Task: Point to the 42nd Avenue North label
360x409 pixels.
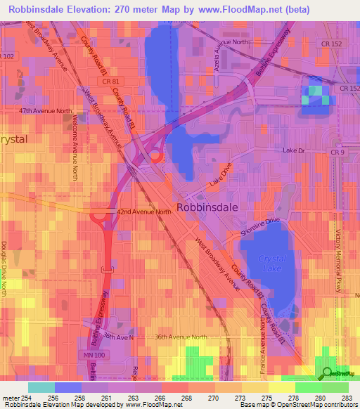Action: coord(143,212)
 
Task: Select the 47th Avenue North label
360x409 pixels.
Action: coord(46,111)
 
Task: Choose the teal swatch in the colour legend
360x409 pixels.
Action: coord(41,387)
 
